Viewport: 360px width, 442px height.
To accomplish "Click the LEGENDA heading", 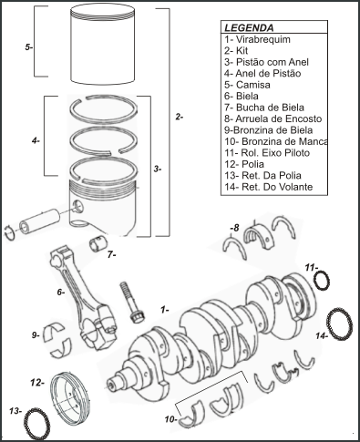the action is pyautogui.click(x=249, y=28).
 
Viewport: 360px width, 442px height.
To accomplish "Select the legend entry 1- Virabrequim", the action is pyautogui.click(x=257, y=39).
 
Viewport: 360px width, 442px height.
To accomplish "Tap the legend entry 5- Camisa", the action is pyautogui.click(x=247, y=85).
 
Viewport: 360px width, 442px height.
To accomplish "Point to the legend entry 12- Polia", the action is pyautogui.click(x=244, y=164).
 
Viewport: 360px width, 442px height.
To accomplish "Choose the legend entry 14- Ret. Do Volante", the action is pyautogui.click(x=269, y=187).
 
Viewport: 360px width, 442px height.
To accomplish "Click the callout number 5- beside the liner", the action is pyautogui.click(x=29, y=47).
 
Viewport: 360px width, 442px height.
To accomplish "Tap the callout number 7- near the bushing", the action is pyautogui.click(x=111, y=254).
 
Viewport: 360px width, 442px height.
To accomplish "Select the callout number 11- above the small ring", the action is pyautogui.click(x=312, y=268).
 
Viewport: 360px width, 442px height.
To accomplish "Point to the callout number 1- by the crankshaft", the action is pyautogui.click(x=165, y=310).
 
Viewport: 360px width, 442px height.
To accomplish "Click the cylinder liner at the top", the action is pyautogui.click(x=103, y=46).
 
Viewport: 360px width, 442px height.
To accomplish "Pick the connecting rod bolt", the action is pyautogui.click(x=130, y=302).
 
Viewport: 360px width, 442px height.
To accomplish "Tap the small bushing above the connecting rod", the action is pyautogui.click(x=98, y=244).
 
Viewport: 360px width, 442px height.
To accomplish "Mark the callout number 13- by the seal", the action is pyautogui.click(x=15, y=411).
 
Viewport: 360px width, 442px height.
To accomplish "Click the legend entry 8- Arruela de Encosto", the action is pyautogui.click(x=273, y=118).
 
